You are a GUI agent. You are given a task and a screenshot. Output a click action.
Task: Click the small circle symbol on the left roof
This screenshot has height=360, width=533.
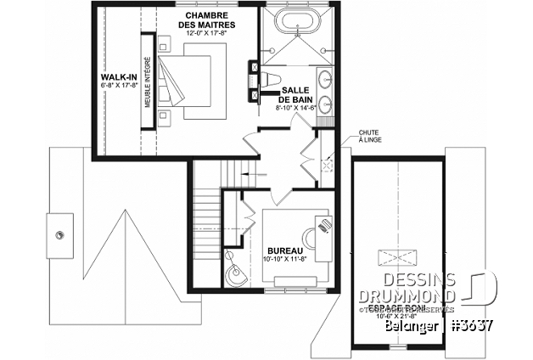[x=60, y=231]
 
